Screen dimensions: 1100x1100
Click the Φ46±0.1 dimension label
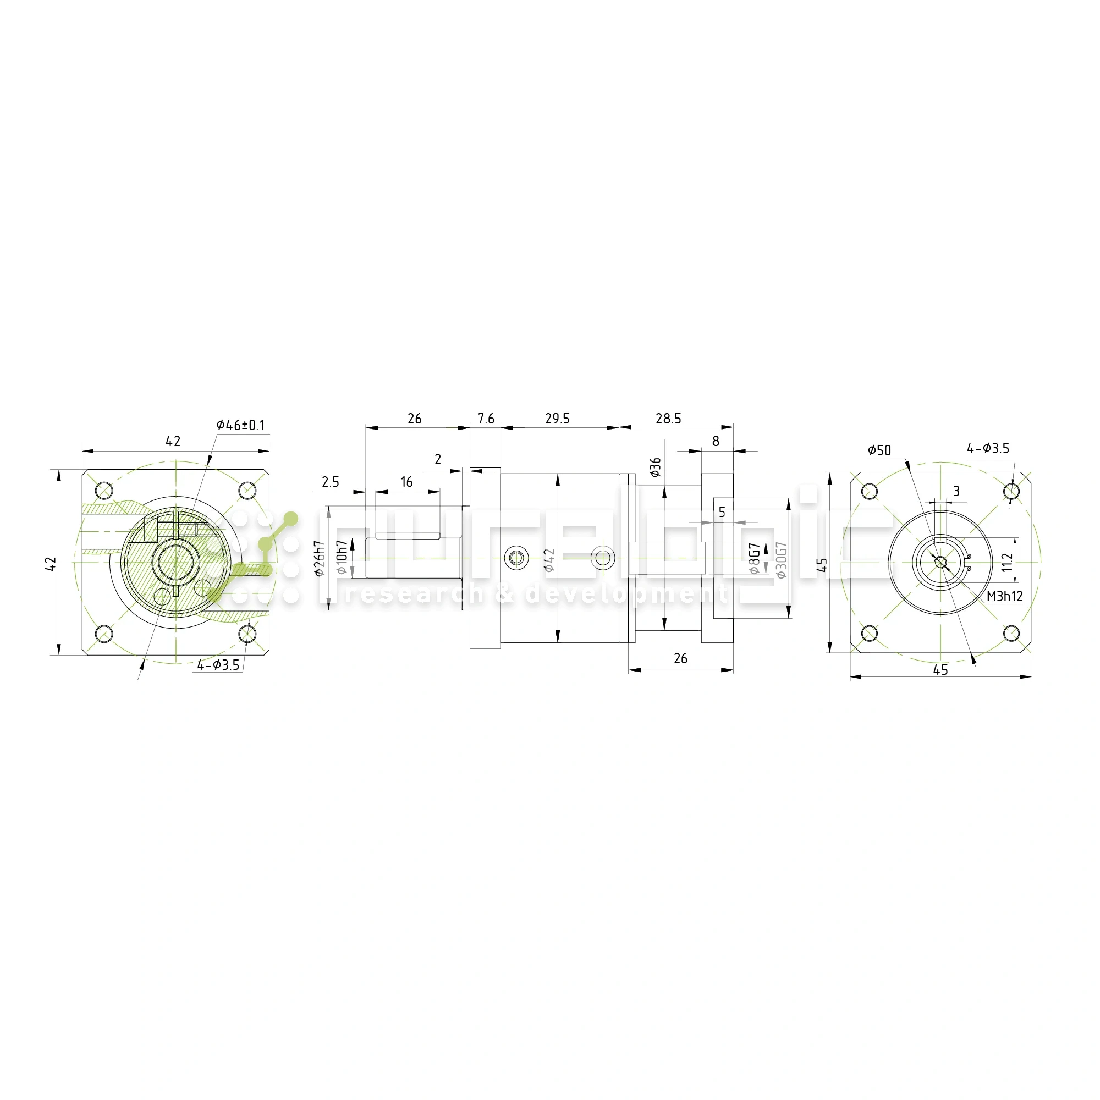[x=240, y=425]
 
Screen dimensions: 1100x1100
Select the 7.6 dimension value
[x=486, y=419]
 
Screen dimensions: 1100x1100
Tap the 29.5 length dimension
[x=557, y=419]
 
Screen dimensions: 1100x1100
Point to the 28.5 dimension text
[x=668, y=419]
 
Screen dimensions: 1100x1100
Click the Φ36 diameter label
[x=656, y=467]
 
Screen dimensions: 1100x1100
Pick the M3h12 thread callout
[x=1004, y=596]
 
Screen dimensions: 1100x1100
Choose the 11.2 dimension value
[x=1007, y=562]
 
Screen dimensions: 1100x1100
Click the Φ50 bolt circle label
[x=879, y=451]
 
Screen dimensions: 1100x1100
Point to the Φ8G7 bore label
[x=754, y=559]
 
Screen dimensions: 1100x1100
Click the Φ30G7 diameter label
[x=781, y=560]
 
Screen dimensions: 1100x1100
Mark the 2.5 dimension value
[x=330, y=482]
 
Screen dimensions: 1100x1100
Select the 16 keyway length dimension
[x=406, y=482]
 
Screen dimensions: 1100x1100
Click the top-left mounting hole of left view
[x=103, y=490]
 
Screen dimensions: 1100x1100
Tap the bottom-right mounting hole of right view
[x=1011, y=633]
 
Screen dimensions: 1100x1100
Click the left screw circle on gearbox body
[x=516, y=558]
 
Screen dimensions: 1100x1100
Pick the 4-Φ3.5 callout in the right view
[x=988, y=449]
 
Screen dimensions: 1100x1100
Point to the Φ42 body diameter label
[x=549, y=560]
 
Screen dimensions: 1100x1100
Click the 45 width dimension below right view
[x=941, y=670]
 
